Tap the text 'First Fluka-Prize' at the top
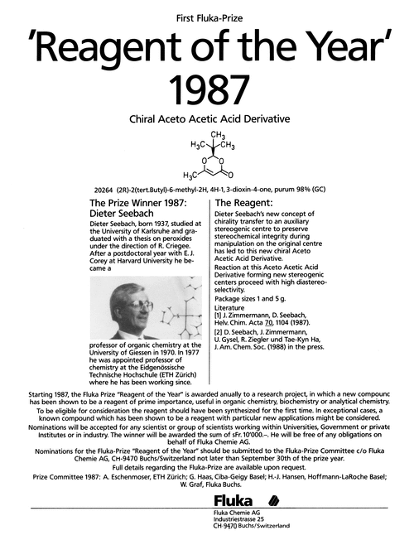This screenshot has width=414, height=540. tap(207, 18)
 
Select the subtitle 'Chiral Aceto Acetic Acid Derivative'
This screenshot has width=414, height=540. tap(207, 120)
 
